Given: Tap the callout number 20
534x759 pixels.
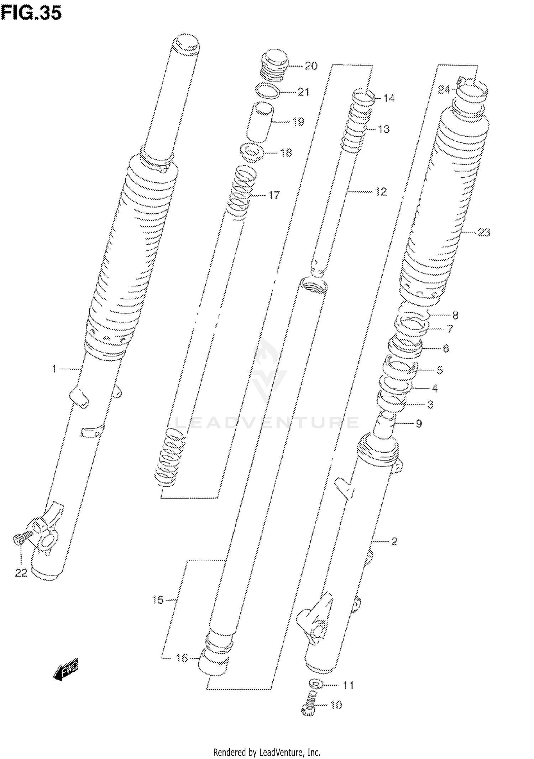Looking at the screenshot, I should (x=310, y=66).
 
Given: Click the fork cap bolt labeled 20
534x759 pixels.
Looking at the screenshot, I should (x=276, y=66).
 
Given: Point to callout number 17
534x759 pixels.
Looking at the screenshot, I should (x=273, y=195).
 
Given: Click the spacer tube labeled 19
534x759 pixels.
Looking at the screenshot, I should (x=260, y=122).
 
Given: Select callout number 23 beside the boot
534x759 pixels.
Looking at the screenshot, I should (x=483, y=233).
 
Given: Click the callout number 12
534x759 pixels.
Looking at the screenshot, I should (x=381, y=192).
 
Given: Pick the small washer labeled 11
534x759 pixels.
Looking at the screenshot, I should (x=315, y=684).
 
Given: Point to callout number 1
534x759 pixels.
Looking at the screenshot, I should (x=54, y=369).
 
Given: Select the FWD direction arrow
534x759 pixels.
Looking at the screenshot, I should (x=66, y=671).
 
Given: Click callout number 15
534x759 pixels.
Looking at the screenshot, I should (x=158, y=600).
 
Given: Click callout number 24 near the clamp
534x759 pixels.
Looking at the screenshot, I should (x=444, y=90).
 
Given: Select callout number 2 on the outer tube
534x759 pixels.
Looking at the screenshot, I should (x=394, y=542).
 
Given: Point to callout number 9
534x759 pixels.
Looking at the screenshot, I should (x=419, y=423).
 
